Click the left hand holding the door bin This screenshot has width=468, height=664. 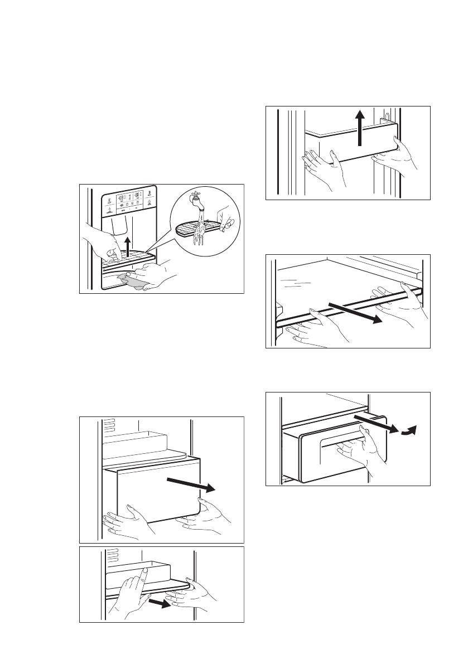click(x=321, y=166)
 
